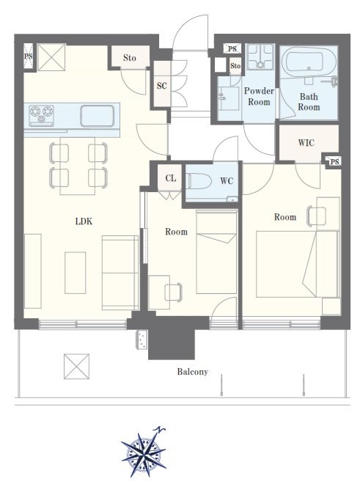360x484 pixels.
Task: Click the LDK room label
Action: point(84,221)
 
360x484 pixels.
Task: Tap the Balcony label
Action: point(192,371)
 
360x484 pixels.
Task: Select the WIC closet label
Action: point(306,142)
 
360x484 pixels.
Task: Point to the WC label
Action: point(227,181)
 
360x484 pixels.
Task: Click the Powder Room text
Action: point(259,96)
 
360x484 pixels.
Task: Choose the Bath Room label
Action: point(309,102)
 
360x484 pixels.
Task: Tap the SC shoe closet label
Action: point(162,86)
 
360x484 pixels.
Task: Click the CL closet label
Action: point(171,178)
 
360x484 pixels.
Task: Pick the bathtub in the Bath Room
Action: point(309,62)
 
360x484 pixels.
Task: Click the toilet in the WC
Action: point(199,180)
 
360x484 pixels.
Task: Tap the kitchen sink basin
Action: point(98,116)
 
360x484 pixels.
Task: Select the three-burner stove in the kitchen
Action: point(41,116)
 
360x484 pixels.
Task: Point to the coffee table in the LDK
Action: point(75,273)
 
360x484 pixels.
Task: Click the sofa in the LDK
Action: point(120,273)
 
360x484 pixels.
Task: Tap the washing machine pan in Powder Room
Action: point(260,56)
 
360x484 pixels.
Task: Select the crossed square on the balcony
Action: point(76,367)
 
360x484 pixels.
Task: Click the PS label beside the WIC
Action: point(334,161)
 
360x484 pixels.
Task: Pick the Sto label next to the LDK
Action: point(130,58)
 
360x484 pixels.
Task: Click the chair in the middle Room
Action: point(174,292)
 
